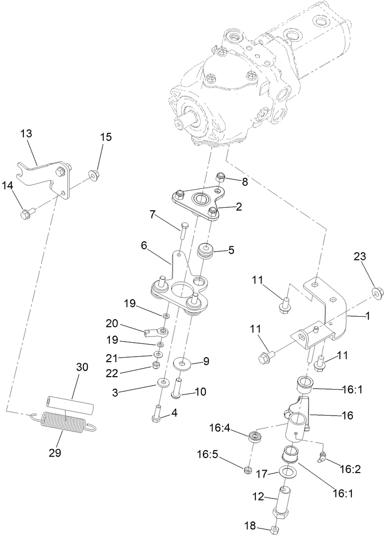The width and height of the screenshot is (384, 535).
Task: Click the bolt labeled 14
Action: tap(24, 214)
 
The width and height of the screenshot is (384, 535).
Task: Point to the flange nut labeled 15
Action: tap(94, 174)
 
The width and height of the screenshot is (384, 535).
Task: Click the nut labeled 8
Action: tap(220, 177)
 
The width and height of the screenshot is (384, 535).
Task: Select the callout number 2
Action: tap(239, 206)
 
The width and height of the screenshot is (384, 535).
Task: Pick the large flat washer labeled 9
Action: tap(182, 362)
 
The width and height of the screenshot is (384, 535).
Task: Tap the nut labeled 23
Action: tap(377, 293)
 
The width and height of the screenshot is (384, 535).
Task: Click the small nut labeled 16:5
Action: tap(246, 470)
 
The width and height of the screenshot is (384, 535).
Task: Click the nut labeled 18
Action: tap(274, 529)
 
